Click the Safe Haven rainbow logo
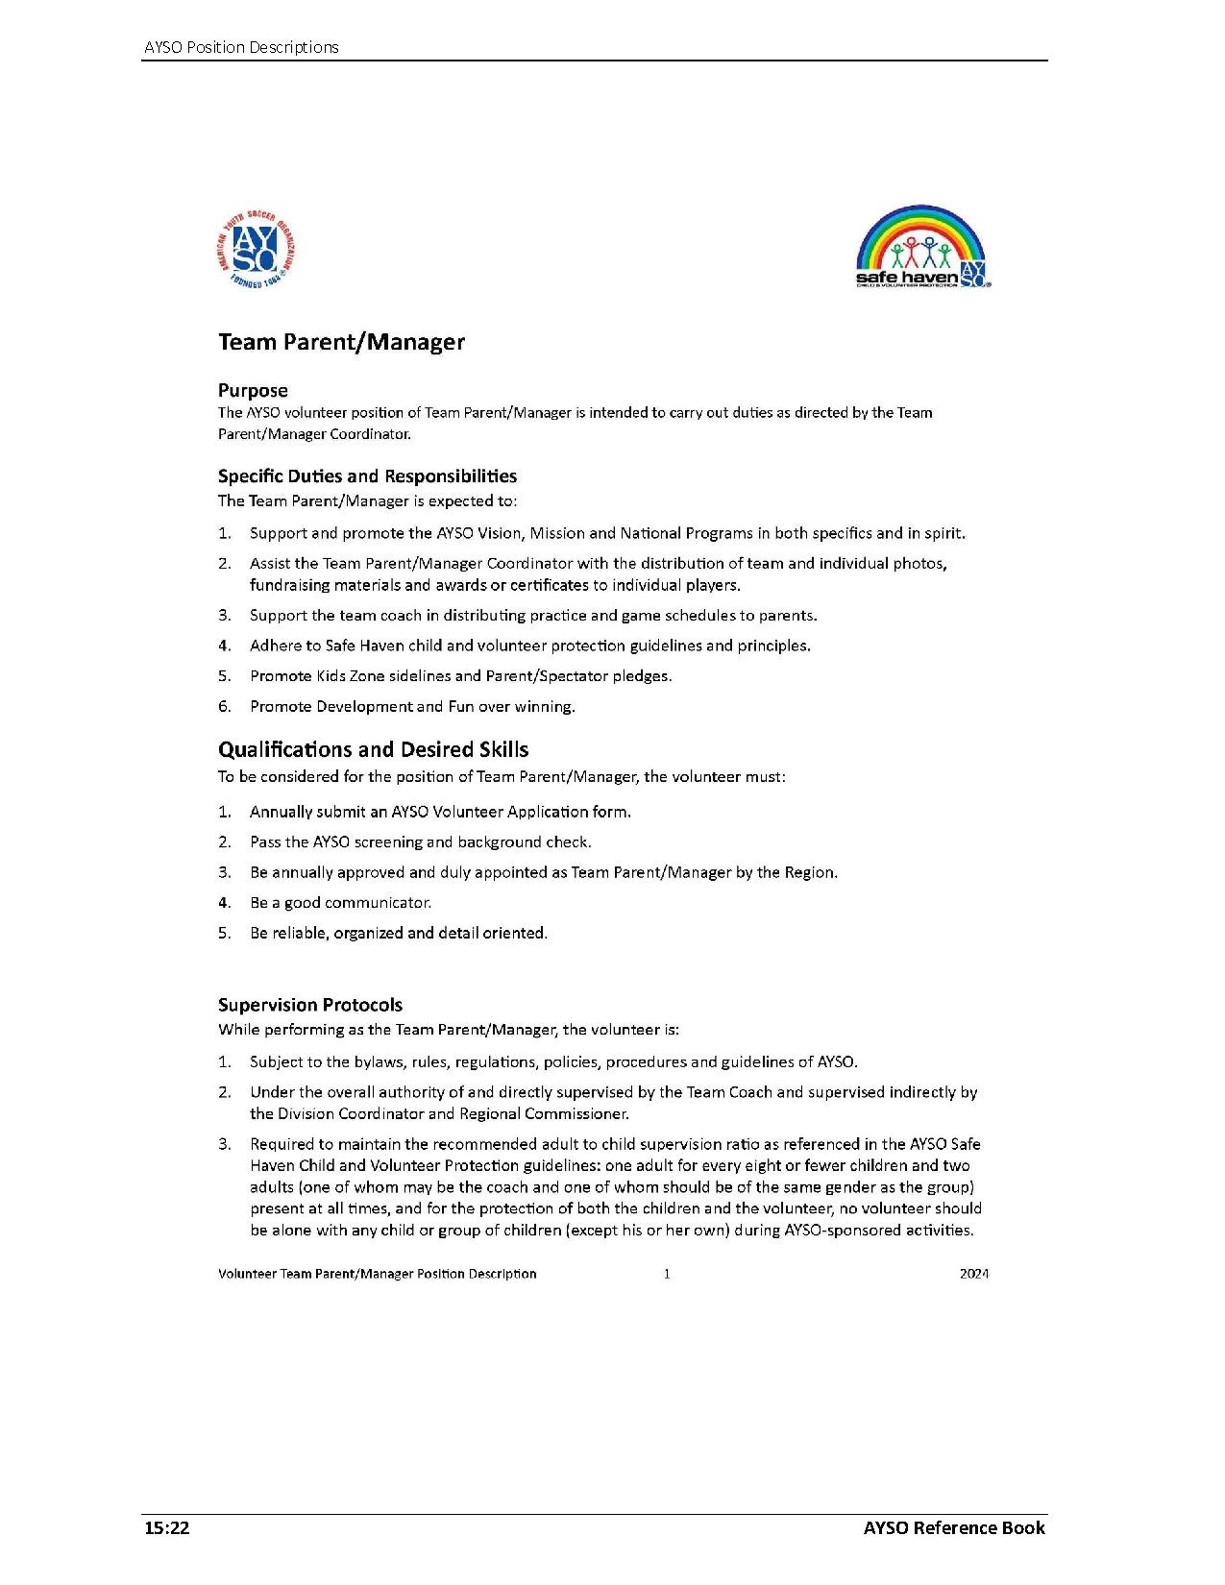pyautogui.click(x=921, y=247)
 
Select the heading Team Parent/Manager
pyautogui.click(x=341, y=343)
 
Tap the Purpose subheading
pyautogui.click(x=253, y=390)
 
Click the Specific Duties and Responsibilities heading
pyautogui.click(x=367, y=476)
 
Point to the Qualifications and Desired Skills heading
pyautogui.click(x=373, y=750)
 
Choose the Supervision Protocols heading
pyautogui.click(x=310, y=1005)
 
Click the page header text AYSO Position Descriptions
pyautogui.click(x=240, y=47)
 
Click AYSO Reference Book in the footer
pyautogui.click(x=953, y=1528)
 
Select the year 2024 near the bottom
pyautogui.click(x=973, y=1274)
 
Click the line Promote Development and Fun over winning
pyautogui.click(x=412, y=707)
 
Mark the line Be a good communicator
pyautogui.click(x=340, y=903)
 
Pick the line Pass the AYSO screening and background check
pyautogui.click(x=420, y=842)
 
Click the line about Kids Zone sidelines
pyautogui.click(x=460, y=676)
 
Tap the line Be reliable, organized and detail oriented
pyautogui.click(x=398, y=933)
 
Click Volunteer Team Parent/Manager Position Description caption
pyautogui.click(x=377, y=1274)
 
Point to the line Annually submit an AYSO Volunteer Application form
pyautogui.click(x=440, y=812)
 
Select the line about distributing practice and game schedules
pyautogui.click(x=533, y=616)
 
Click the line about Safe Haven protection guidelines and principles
pyautogui.click(x=529, y=646)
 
